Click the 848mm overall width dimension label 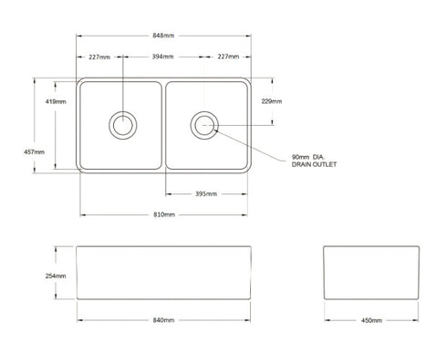point(164,36)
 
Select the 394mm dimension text point(164,57)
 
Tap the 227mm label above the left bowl point(99,57)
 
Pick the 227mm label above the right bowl point(229,57)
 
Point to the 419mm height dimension point(54,101)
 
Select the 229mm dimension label point(271,101)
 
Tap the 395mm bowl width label point(206,193)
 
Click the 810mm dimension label point(164,214)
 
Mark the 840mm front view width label point(164,321)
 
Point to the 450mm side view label point(371,321)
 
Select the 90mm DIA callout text point(311,157)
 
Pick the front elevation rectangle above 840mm point(164,274)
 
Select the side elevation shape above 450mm point(371,274)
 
